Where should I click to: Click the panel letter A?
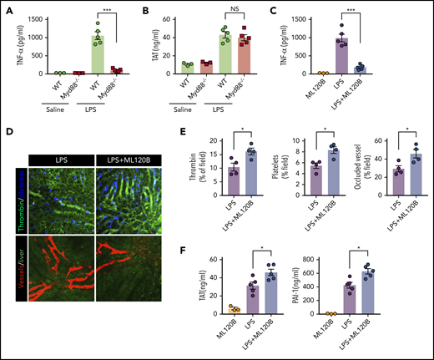click(x=7, y=8)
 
